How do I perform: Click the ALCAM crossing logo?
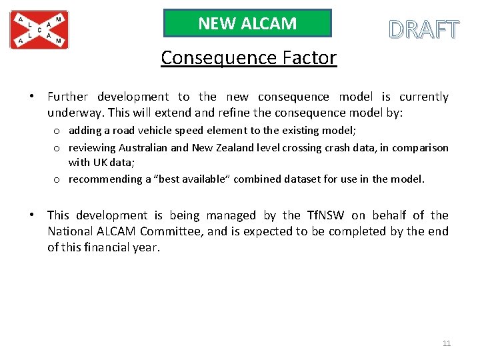point(39,30)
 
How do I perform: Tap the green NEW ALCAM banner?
point(247,23)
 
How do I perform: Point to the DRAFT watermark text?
point(424,30)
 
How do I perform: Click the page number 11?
point(447,343)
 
